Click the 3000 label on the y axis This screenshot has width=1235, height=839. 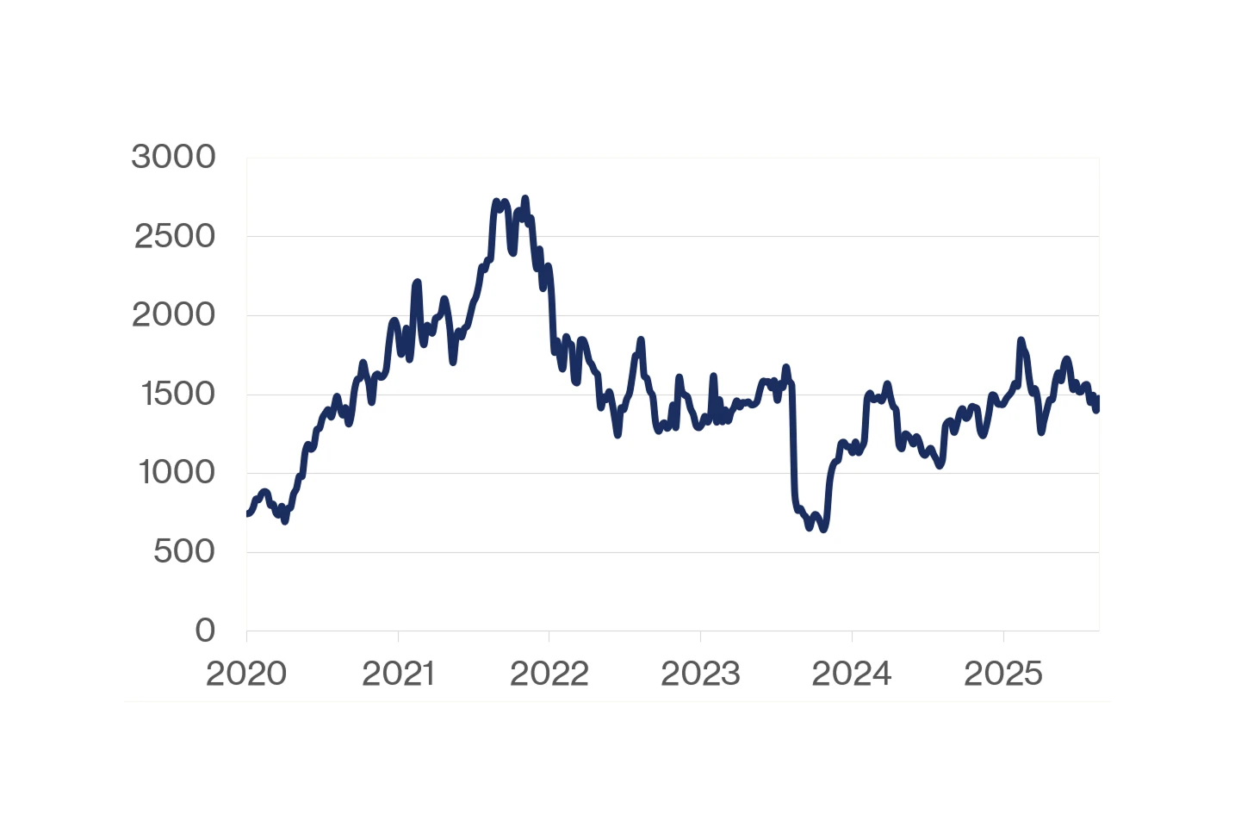click(173, 158)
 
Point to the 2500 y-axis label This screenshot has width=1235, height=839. click(174, 236)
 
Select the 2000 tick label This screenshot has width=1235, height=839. click(173, 315)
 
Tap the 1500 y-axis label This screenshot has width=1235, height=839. click(177, 394)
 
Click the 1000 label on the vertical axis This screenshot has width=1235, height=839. click(177, 473)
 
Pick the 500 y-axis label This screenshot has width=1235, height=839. click(183, 551)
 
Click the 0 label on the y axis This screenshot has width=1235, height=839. click(205, 631)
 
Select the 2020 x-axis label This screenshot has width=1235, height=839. click(246, 674)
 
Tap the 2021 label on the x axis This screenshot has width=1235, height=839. click(398, 674)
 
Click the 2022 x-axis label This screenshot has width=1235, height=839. click(549, 674)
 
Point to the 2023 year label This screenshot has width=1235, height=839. click(700, 674)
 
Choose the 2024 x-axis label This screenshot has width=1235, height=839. click(852, 674)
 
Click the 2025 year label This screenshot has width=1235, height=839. click(1003, 674)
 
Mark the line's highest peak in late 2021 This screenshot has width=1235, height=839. click(525, 199)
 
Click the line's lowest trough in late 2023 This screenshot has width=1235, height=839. click(823, 529)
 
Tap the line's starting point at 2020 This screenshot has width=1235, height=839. click(247, 513)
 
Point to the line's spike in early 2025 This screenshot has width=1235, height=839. click(1021, 340)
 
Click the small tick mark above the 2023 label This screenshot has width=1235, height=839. click(700, 637)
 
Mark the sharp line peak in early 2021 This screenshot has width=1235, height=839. click(418, 282)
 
